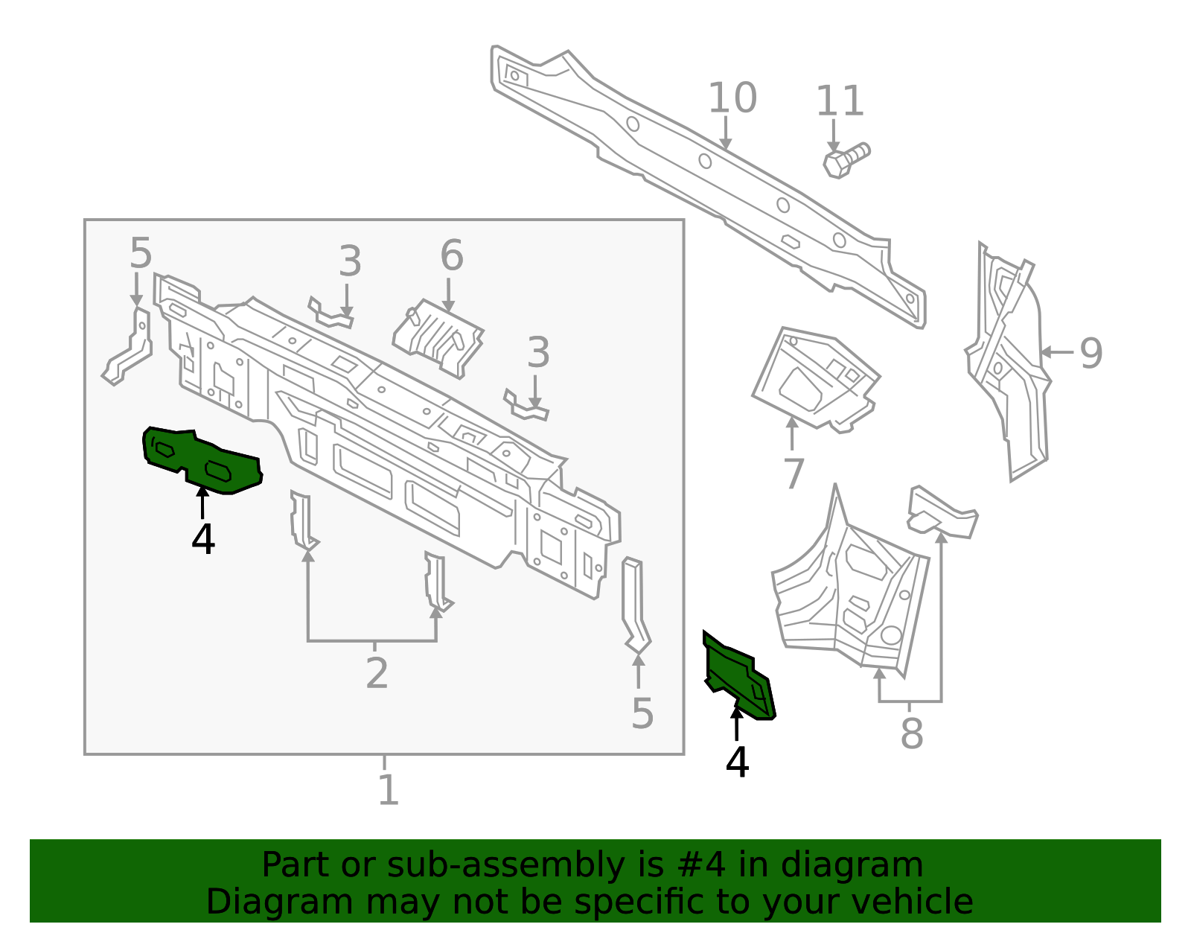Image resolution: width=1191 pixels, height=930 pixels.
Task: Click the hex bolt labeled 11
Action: pos(846,160)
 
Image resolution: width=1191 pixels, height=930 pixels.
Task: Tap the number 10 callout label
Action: pos(732,98)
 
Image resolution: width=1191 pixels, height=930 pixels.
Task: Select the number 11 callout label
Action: pos(840,101)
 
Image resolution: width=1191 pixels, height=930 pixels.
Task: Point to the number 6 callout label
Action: pos(452,255)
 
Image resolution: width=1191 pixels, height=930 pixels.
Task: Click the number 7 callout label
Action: pos(794,474)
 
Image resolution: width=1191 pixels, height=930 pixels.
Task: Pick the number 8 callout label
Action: pos(912,733)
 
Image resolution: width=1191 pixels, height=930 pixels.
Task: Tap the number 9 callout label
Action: pos(1091,354)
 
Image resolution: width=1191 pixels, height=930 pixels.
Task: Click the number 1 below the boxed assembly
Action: pos(389,790)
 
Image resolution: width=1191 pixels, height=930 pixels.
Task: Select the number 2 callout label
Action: pos(377,673)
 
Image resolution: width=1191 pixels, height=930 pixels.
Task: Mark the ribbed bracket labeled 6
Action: pos(438,338)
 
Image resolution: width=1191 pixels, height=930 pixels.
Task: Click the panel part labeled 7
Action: pos(816,379)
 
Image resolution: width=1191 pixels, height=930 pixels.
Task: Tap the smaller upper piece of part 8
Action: pos(942,512)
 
